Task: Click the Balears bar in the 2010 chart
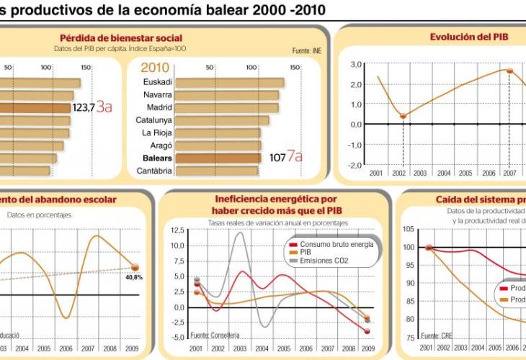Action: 218,158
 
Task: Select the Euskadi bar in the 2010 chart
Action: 229,82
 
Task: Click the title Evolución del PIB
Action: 468,37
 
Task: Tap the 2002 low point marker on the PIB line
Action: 403,116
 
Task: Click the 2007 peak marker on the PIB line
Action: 509,71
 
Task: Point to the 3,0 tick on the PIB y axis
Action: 355,65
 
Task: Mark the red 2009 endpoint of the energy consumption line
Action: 367,331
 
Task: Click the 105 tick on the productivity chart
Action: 409,229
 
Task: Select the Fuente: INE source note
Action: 307,51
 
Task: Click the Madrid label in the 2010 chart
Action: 159,107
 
